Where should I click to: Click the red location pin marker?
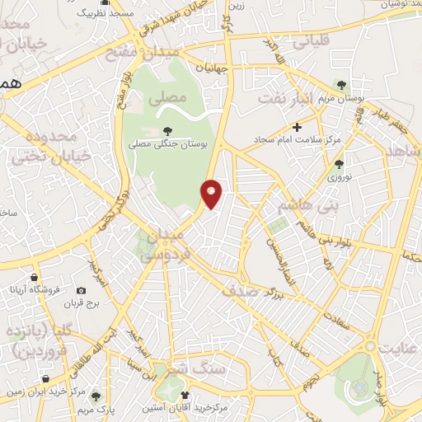pos(212,194)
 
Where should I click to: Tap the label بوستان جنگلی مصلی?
pos(170,144)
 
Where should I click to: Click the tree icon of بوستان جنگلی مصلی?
pos(168,130)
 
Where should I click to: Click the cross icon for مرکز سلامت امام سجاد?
pos(298,127)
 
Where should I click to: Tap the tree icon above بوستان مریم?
pos(343,85)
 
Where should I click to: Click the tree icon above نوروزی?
pos(339,163)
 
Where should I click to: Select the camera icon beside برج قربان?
pos(81,290)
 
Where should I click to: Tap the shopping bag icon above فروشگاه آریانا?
pos(34,278)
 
